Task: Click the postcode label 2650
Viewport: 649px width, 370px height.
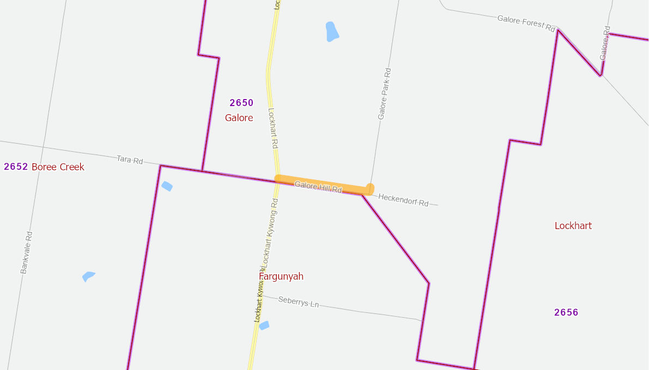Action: coord(241,103)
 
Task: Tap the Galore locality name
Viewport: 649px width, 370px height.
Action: coord(239,118)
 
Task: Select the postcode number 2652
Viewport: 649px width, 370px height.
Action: coord(16,166)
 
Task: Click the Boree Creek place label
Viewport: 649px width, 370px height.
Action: coord(58,166)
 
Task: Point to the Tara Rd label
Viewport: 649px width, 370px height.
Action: coord(130,160)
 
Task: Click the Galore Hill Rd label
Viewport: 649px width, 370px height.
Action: coord(318,188)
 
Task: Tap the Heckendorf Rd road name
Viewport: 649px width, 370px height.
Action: coord(403,200)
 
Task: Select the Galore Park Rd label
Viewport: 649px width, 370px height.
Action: coord(384,94)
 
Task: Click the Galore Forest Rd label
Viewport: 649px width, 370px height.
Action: coord(526,23)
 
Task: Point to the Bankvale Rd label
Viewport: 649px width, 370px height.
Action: coord(27,252)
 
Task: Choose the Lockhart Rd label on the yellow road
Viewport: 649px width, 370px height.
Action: coord(274,128)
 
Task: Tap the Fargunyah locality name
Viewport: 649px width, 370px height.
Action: coord(281,276)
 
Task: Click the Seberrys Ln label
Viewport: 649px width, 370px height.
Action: coord(298,302)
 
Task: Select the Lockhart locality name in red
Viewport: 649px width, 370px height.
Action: coord(573,226)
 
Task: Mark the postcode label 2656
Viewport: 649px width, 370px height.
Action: coord(566,312)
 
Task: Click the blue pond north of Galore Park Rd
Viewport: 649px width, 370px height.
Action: coord(331,32)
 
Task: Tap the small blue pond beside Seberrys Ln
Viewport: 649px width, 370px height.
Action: coord(264,325)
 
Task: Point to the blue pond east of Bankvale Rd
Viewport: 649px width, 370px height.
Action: coord(88,276)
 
